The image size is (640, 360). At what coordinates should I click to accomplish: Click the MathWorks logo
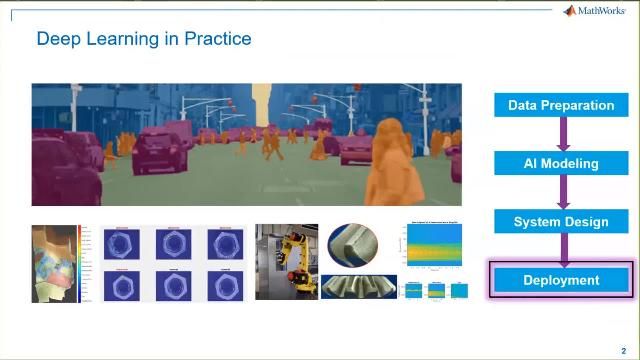(597, 11)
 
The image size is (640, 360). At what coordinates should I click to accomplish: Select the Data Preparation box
(561, 105)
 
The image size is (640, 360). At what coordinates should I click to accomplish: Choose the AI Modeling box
(561, 163)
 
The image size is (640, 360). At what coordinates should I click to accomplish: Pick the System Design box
(561, 221)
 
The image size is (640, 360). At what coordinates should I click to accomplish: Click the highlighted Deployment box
(561, 280)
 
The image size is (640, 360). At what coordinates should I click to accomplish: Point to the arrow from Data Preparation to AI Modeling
(562, 134)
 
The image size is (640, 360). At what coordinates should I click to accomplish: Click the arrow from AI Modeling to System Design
(562, 192)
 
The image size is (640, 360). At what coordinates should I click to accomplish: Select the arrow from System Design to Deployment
(562, 250)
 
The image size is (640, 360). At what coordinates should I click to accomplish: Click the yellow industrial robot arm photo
(286, 261)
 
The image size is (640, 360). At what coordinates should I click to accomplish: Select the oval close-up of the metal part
(353, 246)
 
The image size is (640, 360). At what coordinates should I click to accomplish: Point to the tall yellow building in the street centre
(263, 105)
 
